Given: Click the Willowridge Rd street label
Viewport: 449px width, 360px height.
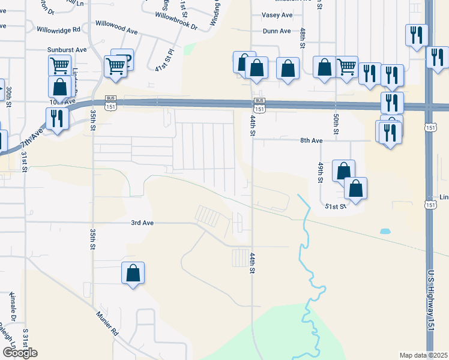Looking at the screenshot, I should (x=58, y=29).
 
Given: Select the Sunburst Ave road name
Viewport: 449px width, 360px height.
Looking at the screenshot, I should (x=68, y=50).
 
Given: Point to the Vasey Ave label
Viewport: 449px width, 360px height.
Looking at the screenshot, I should (x=277, y=15).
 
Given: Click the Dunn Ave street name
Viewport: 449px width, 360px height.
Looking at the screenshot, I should (x=277, y=31).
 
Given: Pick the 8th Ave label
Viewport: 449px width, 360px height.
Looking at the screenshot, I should (x=312, y=140).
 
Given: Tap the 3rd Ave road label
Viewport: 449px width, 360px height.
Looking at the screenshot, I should (x=143, y=223).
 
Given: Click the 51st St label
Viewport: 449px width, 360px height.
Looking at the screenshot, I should (x=336, y=206).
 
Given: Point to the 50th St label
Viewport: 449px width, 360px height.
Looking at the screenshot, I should (x=336, y=122).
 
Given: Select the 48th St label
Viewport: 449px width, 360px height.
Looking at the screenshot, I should (x=303, y=37).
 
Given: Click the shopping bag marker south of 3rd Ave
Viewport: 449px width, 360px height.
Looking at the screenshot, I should (x=133, y=274).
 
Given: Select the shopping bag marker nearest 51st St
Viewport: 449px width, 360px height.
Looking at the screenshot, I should (x=355, y=188).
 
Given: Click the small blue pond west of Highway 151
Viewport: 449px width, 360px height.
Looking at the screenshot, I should (x=384, y=231).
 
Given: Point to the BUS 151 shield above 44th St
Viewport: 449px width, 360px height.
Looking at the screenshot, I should (x=259, y=105).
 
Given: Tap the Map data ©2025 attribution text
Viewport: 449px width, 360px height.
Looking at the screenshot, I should (x=423, y=355).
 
